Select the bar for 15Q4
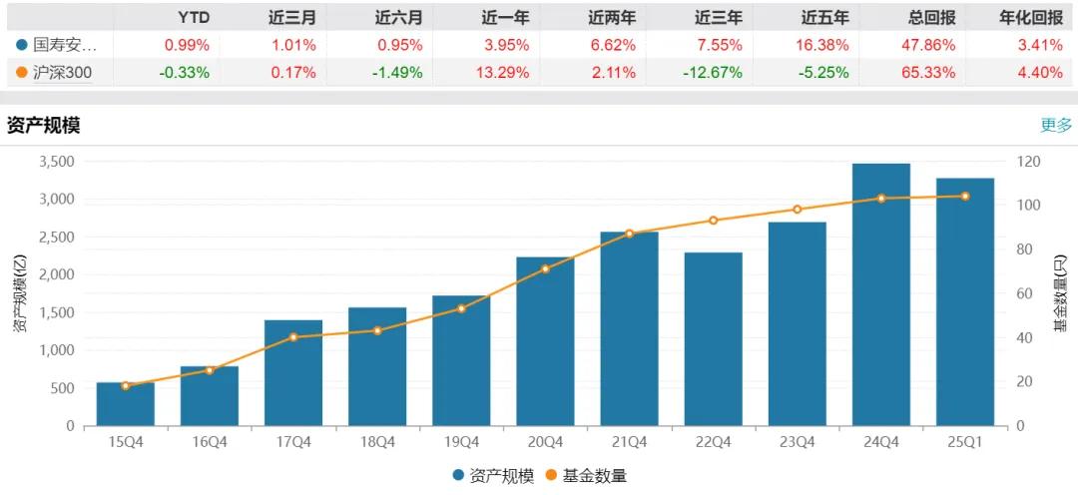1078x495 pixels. [125, 404]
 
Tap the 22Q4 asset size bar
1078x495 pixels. [713, 339]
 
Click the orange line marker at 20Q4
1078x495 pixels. [545, 268]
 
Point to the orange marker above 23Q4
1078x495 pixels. [797, 210]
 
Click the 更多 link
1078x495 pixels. [1055, 125]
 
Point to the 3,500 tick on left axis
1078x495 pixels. [57, 162]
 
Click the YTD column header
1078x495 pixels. [194, 17]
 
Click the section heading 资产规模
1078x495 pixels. [43, 126]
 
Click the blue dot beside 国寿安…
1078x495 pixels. [22, 45]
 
